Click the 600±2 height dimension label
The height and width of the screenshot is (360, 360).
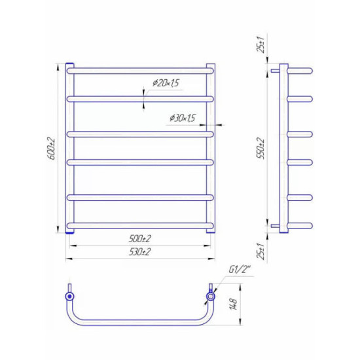click(x=52, y=149)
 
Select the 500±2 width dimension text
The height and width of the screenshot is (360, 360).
click(x=140, y=239)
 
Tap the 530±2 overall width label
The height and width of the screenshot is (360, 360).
click(x=140, y=252)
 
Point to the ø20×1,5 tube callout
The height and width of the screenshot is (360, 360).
click(x=166, y=83)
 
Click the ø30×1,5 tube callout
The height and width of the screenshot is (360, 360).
click(x=183, y=118)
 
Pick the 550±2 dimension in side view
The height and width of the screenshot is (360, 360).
click(x=261, y=149)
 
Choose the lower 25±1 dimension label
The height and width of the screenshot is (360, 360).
click(x=261, y=251)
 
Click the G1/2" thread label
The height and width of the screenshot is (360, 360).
click(x=239, y=270)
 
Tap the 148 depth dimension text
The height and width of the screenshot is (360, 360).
click(x=234, y=304)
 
